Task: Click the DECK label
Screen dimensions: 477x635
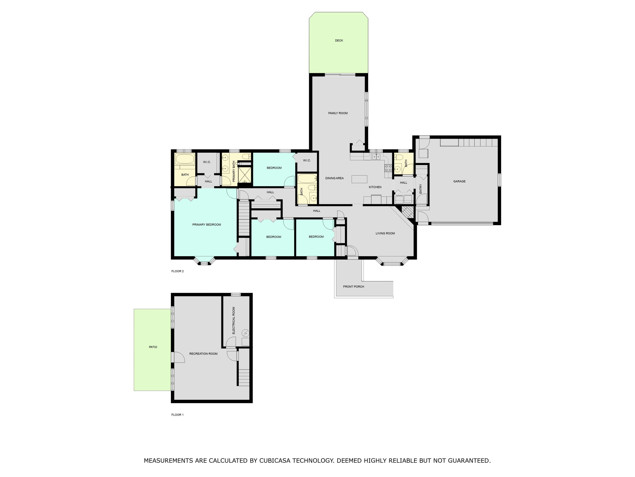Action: [x=339, y=40]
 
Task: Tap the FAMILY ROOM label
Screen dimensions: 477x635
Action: [x=338, y=113]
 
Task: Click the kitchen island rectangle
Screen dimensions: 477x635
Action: [x=359, y=179]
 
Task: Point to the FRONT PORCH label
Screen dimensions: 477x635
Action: [x=353, y=287]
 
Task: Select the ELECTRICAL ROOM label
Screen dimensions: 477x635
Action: [x=234, y=320]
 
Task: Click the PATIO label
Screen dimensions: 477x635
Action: [x=153, y=347]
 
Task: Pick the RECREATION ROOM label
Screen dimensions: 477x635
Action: [x=203, y=354]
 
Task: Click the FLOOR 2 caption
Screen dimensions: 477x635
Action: [x=177, y=271]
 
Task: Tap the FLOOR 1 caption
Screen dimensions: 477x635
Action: [x=177, y=415]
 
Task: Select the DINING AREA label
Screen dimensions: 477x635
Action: [x=334, y=178]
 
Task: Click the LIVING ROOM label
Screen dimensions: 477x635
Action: [x=385, y=233]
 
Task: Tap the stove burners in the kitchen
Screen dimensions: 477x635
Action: [x=388, y=168]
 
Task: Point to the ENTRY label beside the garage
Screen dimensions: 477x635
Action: [x=421, y=189]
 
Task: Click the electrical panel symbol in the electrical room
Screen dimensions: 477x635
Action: [x=246, y=333]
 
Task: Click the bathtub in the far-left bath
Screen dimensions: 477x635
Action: [x=185, y=159]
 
